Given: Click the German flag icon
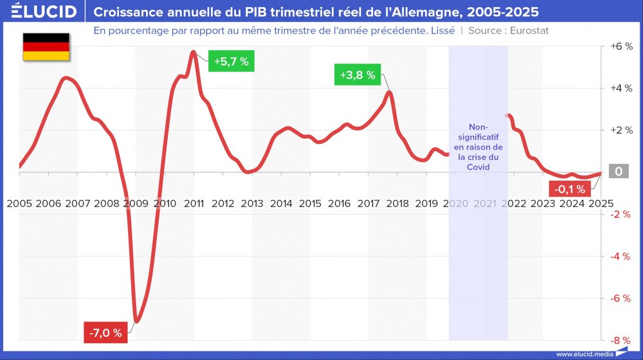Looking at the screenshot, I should pos(46,46).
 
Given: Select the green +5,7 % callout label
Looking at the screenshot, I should pos(231,61).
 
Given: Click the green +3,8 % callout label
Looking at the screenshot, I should pos(357,75).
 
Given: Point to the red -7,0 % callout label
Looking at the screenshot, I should pos(106,332).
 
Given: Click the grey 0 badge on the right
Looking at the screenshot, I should pos(618,172).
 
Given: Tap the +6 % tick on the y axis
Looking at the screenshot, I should pos(620,47).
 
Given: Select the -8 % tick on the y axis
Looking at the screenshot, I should pos(620,340).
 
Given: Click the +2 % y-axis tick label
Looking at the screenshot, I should pos(620,130).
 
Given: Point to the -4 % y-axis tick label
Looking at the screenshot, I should pos(620,256).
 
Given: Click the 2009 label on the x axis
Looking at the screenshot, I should pos(136,204).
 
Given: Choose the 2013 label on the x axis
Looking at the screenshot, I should pos(252,204).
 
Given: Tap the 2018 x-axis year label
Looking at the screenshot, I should pos(397,204).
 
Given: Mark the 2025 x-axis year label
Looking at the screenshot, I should pos(601,204).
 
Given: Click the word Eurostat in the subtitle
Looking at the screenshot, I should pos(529,30).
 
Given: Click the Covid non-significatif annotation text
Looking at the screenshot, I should pos(478,147).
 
